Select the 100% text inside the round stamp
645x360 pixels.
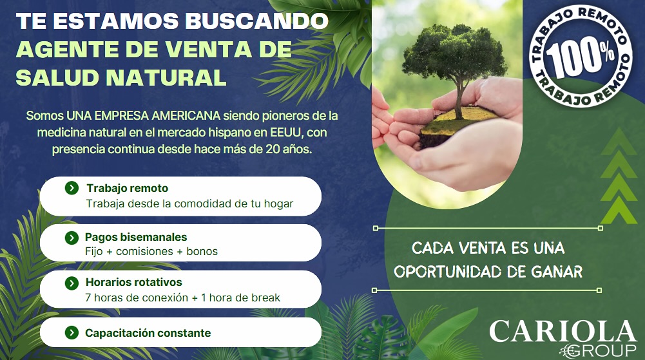[580, 57]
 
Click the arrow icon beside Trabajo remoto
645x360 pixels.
[72, 188]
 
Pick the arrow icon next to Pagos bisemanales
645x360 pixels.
[72, 238]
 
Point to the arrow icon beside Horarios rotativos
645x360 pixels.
[72, 283]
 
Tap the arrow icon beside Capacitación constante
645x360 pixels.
[72, 332]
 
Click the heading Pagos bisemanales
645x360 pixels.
[136, 237]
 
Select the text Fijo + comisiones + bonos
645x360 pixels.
[151, 251]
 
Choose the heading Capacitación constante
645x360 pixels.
[148, 333]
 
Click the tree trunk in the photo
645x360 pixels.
[459, 99]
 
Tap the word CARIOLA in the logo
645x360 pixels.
[563, 331]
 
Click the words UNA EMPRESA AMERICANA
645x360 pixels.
[144, 115]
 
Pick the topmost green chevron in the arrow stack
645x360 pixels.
[619, 141]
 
